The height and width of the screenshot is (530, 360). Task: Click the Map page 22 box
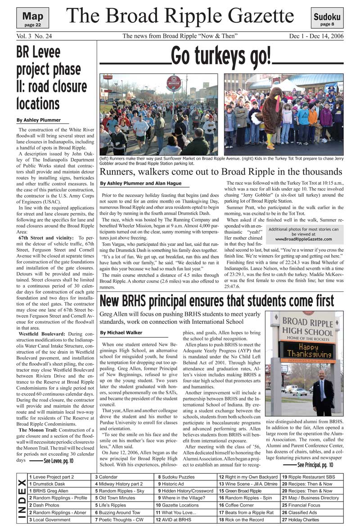pyautogui.click(x=33, y=19)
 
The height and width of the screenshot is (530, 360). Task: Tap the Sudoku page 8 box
pyautogui.click(x=327, y=19)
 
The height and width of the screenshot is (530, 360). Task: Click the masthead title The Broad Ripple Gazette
pyautogui.click(x=180, y=16)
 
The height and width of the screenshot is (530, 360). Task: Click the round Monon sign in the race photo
pyautogui.click(x=174, y=83)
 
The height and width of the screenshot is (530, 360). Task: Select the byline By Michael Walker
pyautogui.click(x=121, y=333)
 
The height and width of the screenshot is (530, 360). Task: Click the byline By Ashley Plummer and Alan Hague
pyautogui.click(x=141, y=183)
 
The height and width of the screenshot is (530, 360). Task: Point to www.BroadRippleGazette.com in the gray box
pyautogui.click(x=303, y=239)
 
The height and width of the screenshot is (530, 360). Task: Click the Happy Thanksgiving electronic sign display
pyautogui.click(x=302, y=351)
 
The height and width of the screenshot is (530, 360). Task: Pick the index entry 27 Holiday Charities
pyautogui.click(x=300, y=520)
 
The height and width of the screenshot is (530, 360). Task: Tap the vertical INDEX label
pyautogui.click(x=21, y=498)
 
